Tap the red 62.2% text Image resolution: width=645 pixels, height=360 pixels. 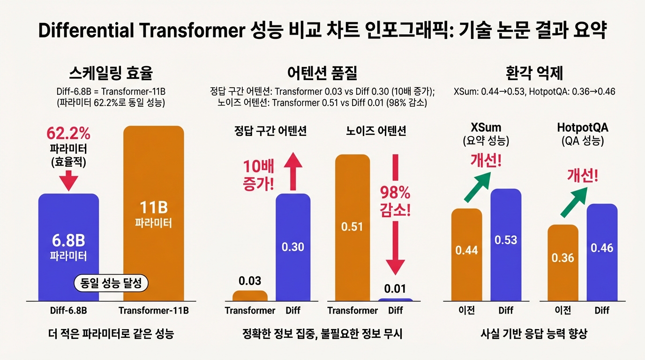click(x=68, y=134)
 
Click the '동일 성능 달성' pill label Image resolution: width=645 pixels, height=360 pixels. click(x=112, y=283)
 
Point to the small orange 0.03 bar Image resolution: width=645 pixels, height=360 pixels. click(x=250, y=296)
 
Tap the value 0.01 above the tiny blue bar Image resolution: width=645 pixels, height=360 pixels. click(x=395, y=288)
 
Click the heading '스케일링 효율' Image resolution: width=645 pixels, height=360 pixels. click(x=111, y=74)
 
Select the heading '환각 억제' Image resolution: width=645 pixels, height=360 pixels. click(x=534, y=74)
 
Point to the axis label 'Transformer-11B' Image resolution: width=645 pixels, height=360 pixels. click(x=153, y=311)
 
